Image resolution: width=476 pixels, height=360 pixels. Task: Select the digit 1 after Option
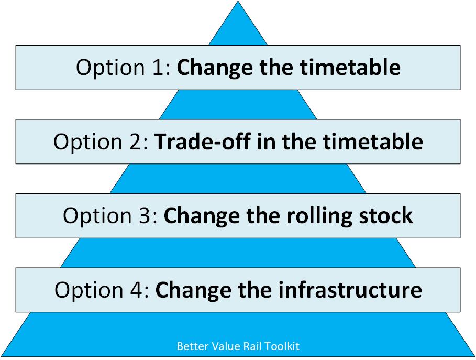[160, 68]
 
